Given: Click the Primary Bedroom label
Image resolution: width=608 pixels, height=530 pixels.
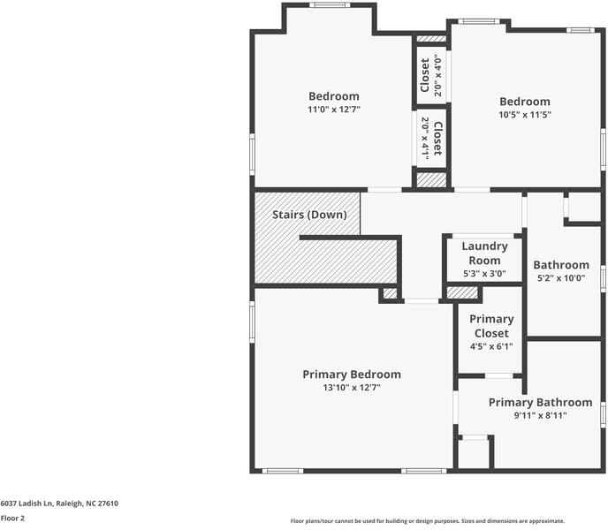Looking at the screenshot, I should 351,375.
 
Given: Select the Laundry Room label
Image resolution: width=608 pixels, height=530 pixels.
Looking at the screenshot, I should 484,253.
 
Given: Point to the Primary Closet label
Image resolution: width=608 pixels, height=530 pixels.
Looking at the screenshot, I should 491,326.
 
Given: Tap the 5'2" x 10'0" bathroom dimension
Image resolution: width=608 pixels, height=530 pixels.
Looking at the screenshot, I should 560,278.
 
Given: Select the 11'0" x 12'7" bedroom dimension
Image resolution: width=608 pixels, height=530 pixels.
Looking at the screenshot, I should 333,110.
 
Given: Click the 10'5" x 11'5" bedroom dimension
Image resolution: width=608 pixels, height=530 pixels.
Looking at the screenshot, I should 524,115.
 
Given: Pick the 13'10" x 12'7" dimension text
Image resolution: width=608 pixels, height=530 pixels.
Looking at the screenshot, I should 351,388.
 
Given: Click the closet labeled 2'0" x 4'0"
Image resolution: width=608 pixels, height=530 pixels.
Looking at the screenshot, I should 430,75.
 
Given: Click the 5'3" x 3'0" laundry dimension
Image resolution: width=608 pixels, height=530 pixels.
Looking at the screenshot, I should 484,274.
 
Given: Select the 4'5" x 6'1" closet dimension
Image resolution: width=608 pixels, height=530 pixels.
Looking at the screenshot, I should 491,346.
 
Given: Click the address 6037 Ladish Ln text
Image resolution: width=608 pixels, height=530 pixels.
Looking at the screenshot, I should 59,503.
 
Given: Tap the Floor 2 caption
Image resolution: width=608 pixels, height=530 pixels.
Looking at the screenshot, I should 12,519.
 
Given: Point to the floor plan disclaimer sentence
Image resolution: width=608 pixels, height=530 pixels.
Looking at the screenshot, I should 427,521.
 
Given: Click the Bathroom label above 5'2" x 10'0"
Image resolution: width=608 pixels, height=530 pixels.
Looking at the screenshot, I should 560,265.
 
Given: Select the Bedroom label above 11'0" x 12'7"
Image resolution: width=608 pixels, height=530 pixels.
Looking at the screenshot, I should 333,96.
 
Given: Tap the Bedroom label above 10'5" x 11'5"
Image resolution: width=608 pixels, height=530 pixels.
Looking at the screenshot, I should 524,102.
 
